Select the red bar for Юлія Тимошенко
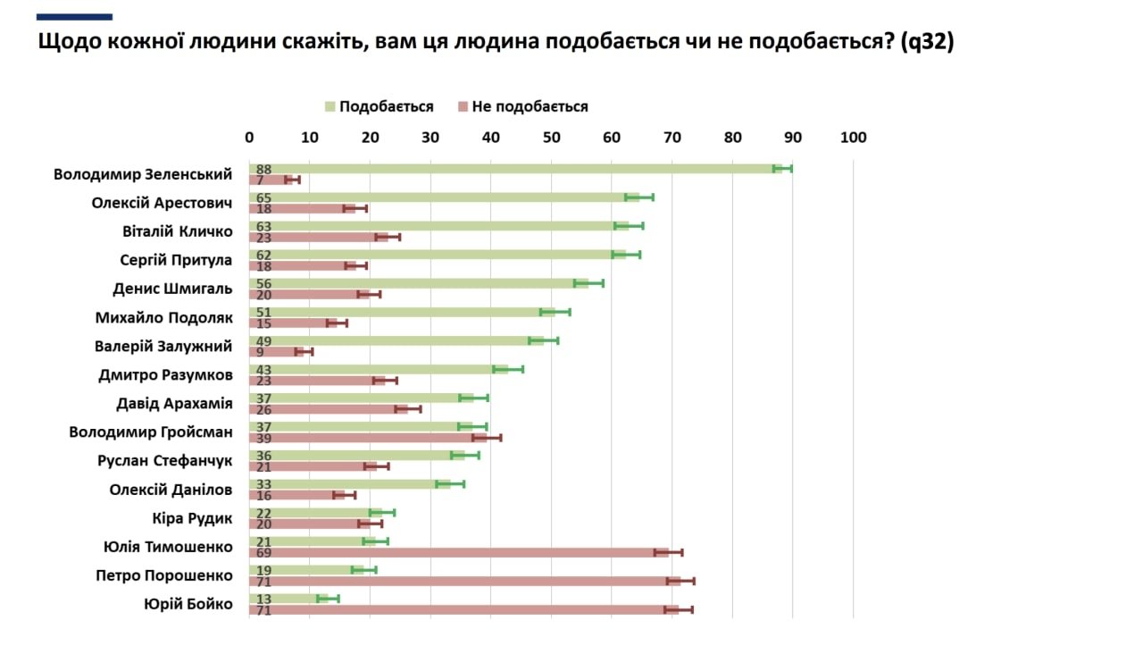click(455, 553)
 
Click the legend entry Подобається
click(387, 107)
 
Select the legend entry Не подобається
click(530, 107)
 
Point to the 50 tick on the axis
click(551, 138)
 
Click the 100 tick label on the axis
click(854, 138)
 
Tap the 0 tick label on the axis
click(249, 138)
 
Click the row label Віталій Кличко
click(177, 232)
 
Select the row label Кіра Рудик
click(192, 518)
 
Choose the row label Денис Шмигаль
click(172, 289)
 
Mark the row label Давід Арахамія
click(174, 404)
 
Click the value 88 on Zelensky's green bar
click(263, 169)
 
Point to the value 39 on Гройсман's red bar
click(263, 439)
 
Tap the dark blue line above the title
click(75, 16)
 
